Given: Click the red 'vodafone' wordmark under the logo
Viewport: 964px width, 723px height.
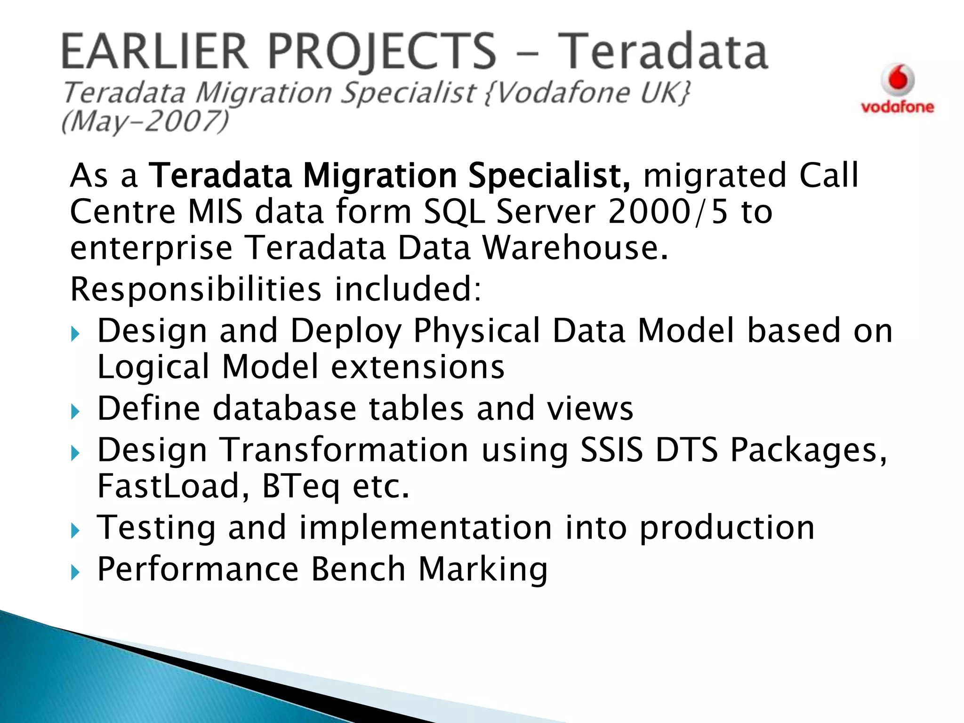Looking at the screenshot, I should (897, 107).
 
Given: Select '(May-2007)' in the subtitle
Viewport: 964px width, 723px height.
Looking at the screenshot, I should (145, 122).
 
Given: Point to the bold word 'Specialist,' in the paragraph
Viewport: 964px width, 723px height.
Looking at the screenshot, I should (549, 176).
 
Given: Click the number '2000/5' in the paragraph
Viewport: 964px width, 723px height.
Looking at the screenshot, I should (668, 212).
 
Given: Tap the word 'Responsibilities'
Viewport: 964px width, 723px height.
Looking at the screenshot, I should (196, 289).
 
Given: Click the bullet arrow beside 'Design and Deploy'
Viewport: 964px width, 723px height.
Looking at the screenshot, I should (75, 335).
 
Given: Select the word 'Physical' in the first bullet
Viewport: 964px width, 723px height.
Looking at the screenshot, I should (477, 330).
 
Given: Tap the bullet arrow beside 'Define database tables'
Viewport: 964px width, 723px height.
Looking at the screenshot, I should (75, 412).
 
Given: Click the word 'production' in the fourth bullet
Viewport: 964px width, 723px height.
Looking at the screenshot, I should (727, 528).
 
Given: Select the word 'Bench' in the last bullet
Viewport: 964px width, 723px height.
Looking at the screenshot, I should (359, 569).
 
